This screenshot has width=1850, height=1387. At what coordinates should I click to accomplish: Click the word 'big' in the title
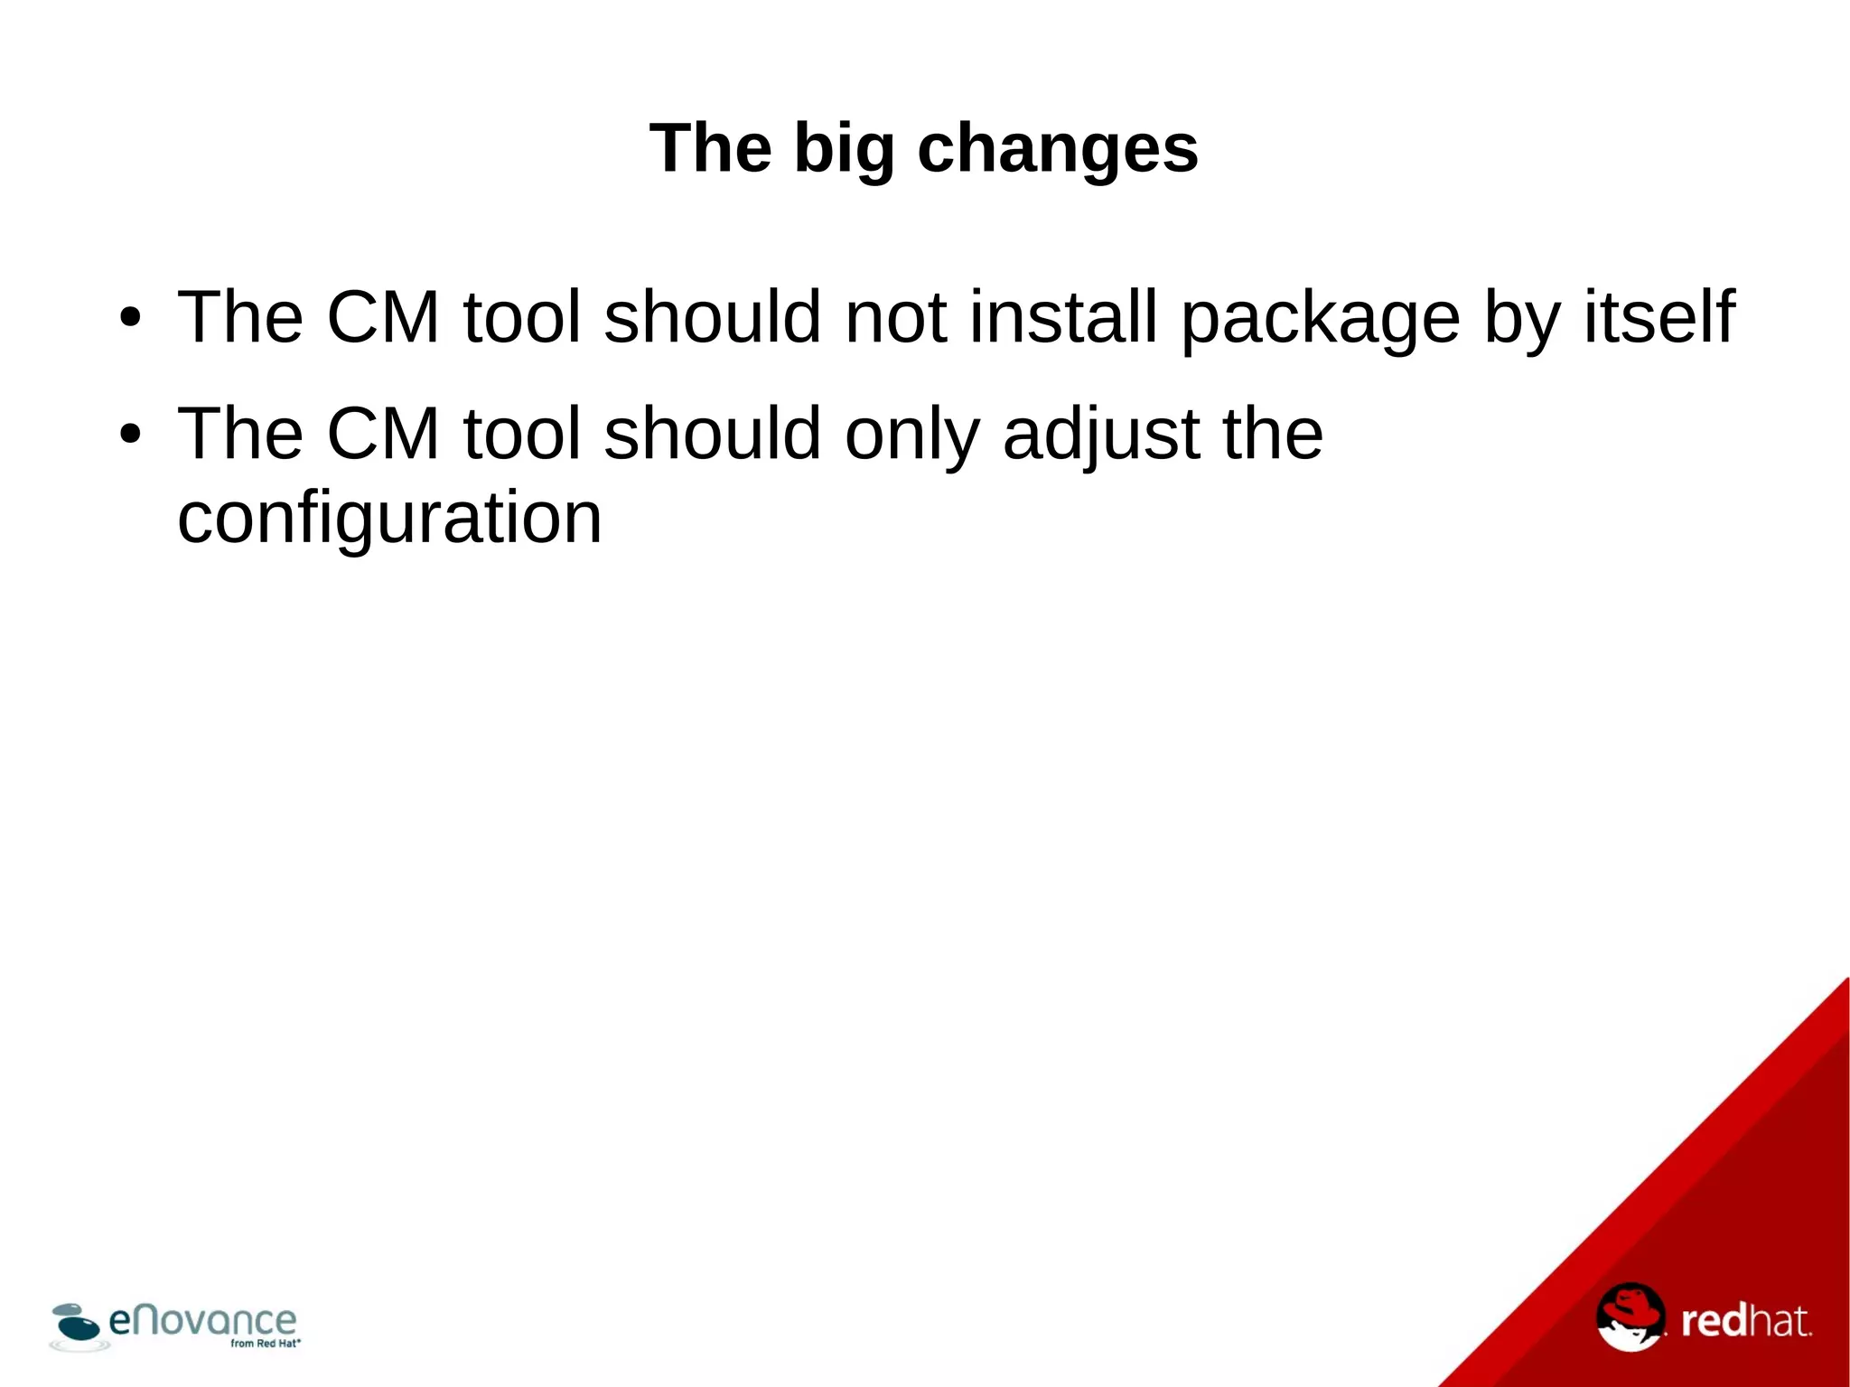(844, 148)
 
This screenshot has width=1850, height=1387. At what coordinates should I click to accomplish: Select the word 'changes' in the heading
(1058, 148)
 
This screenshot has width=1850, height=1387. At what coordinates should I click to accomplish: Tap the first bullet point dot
(131, 318)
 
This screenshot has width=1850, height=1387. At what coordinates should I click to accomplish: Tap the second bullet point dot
(131, 435)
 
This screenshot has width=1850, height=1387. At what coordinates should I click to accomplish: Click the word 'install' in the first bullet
(1063, 316)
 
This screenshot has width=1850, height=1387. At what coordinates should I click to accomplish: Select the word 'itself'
(1659, 316)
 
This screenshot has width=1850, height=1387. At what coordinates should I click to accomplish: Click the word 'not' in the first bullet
(895, 316)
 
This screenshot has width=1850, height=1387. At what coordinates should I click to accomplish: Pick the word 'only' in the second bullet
(912, 435)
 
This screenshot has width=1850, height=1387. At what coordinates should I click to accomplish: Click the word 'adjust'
(1101, 435)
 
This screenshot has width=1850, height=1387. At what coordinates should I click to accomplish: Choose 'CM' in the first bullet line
(382, 316)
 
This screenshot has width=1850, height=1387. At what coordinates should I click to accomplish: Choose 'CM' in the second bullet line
(382, 433)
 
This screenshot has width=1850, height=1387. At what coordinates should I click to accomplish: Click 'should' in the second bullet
(713, 433)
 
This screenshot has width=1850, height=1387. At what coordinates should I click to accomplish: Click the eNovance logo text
(202, 1321)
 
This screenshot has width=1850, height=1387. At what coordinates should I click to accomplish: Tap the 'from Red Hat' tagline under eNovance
(265, 1344)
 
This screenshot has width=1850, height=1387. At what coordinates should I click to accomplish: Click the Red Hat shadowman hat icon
(1630, 1317)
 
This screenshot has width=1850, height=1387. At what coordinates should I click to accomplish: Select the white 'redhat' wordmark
(1745, 1322)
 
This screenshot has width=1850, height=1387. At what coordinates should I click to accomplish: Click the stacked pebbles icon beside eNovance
(76, 1325)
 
